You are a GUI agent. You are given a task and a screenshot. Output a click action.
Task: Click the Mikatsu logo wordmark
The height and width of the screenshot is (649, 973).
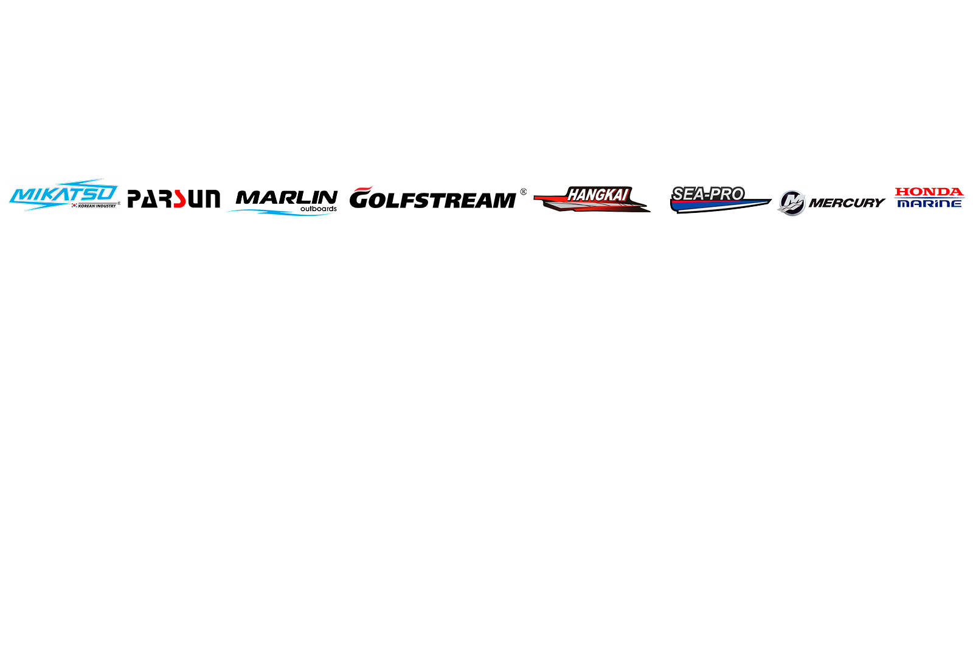click(64, 193)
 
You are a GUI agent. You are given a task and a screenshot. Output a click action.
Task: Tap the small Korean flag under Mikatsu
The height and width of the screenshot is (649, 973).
click(74, 206)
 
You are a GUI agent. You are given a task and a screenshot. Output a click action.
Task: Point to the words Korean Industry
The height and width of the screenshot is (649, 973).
click(97, 206)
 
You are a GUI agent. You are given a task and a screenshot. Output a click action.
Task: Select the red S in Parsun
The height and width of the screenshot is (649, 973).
click(179, 199)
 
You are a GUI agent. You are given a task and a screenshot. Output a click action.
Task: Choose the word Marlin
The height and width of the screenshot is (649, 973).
click(286, 198)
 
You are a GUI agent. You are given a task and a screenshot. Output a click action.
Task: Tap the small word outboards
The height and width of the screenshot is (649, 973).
click(319, 209)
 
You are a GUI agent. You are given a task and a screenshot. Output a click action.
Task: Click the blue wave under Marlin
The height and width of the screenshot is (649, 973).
click(280, 212)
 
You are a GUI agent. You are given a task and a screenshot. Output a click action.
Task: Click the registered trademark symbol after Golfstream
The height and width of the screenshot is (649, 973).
click(524, 192)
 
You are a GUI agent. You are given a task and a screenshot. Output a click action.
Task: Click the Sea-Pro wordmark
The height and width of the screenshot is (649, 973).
click(708, 194)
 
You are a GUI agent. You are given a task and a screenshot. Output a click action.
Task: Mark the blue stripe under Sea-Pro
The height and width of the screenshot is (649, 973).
click(719, 206)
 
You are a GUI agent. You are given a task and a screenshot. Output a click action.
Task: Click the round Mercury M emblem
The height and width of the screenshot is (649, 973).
click(792, 203)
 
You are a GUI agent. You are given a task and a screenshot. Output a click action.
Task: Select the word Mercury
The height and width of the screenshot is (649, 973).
click(847, 203)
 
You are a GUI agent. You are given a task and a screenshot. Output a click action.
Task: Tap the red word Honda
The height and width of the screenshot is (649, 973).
click(929, 192)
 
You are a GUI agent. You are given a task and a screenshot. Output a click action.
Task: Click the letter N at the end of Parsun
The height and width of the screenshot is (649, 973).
click(212, 199)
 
